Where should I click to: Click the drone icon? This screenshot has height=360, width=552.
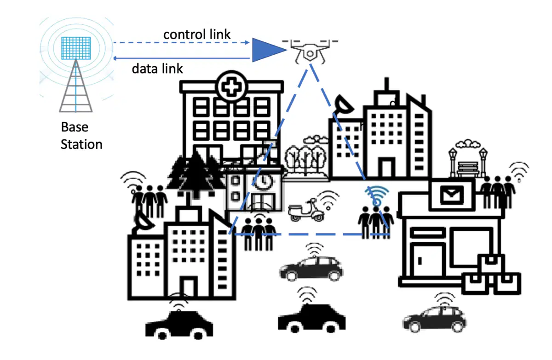point(310,51)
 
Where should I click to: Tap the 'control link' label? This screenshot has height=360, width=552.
point(197,34)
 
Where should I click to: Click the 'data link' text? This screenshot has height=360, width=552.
point(157,69)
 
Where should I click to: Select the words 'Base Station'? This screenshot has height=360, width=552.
point(81,136)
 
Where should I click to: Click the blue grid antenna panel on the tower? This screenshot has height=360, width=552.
point(76,48)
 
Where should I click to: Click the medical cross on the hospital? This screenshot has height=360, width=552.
point(231,87)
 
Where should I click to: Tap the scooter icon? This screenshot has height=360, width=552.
point(306,210)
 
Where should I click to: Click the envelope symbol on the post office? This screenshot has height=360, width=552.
point(451,194)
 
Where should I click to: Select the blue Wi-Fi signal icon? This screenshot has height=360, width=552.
point(377,196)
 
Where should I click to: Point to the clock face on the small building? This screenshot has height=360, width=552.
point(264,182)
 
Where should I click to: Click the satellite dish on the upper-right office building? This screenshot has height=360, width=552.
point(344,105)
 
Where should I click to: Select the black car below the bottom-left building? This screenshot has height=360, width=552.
point(179,325)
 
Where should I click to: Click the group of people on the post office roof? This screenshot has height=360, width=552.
point(498,192)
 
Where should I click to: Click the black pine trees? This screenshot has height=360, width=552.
point(196,175)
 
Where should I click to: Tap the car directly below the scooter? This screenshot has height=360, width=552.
point(311,269)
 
